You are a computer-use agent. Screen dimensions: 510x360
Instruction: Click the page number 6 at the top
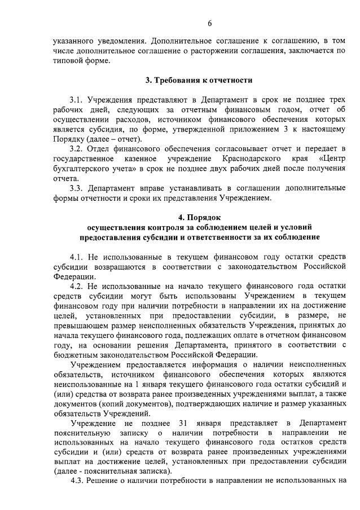[x=209, y=23]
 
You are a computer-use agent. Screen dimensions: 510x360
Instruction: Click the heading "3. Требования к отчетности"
[x=199, y=81]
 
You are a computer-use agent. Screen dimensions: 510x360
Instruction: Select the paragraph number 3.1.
[x=77, y=99]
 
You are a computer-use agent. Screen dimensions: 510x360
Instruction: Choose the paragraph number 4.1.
[x=77, y=257]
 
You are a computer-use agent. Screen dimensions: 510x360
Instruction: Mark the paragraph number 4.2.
[x=77, y=286]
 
